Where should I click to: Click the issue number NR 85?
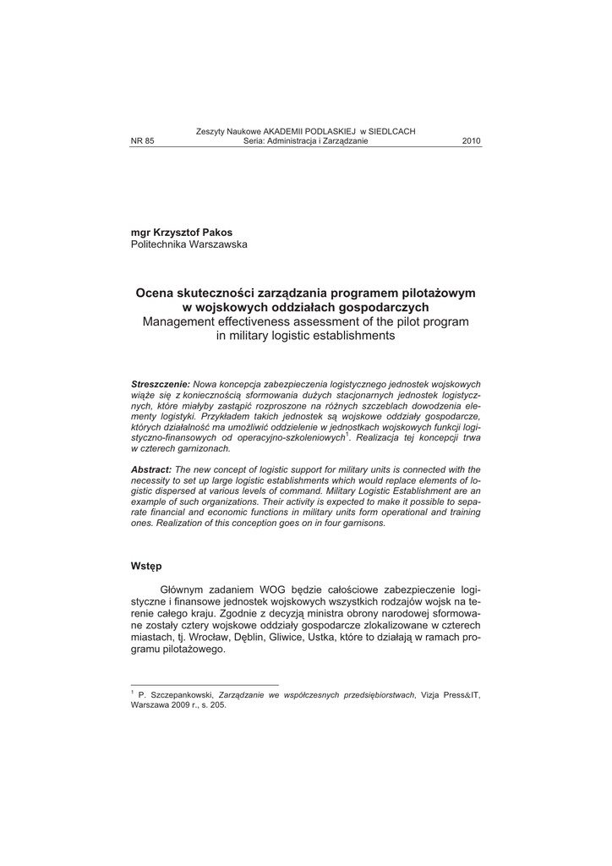tap(142, 141)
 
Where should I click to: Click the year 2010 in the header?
tap(471, 141)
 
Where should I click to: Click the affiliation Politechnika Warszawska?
tap(189, 244)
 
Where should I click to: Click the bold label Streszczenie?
tap(161, 384)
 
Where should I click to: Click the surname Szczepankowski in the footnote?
tap(182, 694)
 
